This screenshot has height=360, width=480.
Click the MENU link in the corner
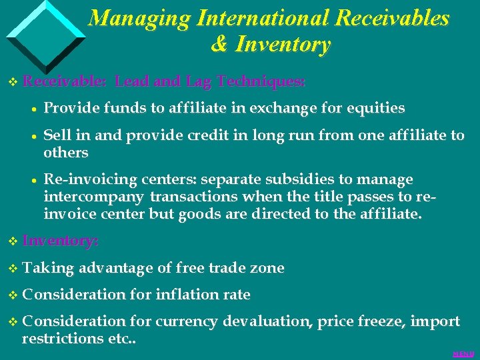(463, 353)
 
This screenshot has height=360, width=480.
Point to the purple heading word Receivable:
(64, 82)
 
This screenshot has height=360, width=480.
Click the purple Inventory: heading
(61, 241)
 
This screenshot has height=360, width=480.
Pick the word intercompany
(94, 197)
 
